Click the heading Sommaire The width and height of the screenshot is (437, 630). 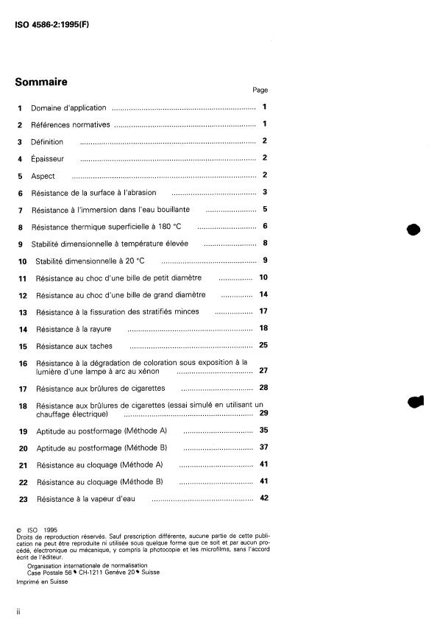[x=41, y=82]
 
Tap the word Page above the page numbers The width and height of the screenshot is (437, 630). [x=260, y=91]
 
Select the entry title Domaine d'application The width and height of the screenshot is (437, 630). [x=68, y=108]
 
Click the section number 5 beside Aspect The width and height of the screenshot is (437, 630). [x=21, y=177]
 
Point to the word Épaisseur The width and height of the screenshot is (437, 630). [x=48, y=159]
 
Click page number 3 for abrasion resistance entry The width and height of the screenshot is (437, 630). [x=264, y=193]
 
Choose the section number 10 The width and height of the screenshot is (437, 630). [x=22, y=261]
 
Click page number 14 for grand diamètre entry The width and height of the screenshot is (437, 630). [x=263, y=294]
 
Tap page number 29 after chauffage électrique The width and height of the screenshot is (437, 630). [x=263, y=414]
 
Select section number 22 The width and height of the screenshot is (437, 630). [x=22, y=482]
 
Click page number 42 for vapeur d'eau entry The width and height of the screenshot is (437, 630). [x=263, y=498]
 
